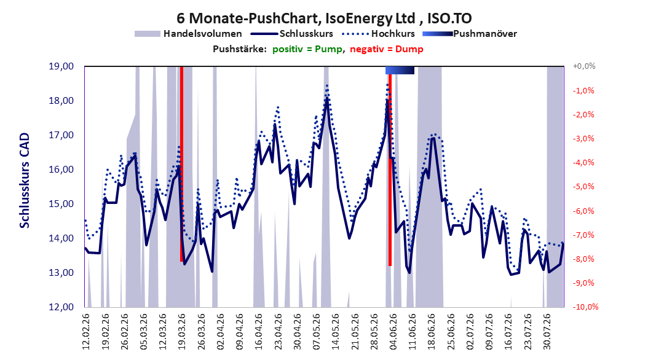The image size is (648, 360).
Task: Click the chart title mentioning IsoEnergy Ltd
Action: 324,18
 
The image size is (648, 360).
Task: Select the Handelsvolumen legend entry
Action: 189,34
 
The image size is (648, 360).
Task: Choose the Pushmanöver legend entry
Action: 470,34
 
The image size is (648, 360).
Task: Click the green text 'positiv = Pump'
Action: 307,49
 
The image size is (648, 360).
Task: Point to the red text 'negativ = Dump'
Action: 387,49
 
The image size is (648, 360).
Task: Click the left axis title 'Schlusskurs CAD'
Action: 25,180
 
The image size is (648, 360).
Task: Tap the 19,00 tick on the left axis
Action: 61,66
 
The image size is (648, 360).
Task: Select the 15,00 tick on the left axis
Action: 61,204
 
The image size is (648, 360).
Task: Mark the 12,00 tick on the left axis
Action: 61,307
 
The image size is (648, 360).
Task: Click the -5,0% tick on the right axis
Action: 583,187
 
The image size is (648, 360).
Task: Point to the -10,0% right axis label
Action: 585,307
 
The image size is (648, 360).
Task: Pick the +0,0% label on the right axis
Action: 584,66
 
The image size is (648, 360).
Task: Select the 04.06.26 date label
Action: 393,332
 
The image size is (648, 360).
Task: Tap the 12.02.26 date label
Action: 86,332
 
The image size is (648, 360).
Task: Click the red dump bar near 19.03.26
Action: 181,164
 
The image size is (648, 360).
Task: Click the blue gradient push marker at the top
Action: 400,70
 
